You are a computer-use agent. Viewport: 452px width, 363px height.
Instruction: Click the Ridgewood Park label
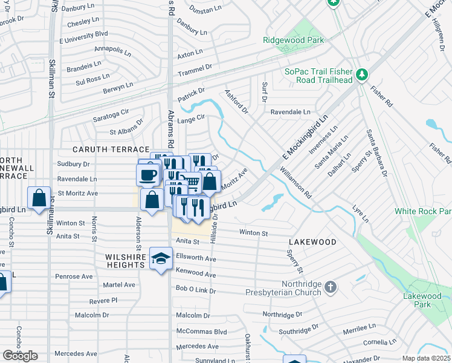tap(294, 41)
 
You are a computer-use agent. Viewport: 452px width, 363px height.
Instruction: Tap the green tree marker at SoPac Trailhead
tap(362, 74)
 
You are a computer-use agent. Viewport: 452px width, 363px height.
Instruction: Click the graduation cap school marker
tap(161, 258)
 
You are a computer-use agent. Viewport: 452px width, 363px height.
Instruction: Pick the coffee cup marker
tap(147, 175)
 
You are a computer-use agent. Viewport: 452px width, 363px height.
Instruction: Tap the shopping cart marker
tap(192, 181)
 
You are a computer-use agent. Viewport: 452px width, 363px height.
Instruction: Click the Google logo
tap(20, 355)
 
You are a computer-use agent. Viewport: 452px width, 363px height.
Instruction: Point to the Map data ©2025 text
tap(426, 358)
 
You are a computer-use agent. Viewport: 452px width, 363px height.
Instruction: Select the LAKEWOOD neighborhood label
tap(312, 242)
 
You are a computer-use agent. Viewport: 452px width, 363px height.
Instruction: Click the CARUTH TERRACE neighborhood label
tap(111, 149)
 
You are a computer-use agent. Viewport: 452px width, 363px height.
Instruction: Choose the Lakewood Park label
tap(422, 300)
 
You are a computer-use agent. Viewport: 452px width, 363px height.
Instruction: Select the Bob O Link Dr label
tap(196, 291)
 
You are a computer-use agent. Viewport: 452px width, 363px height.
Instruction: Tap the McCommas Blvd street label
tap(201, 332)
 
